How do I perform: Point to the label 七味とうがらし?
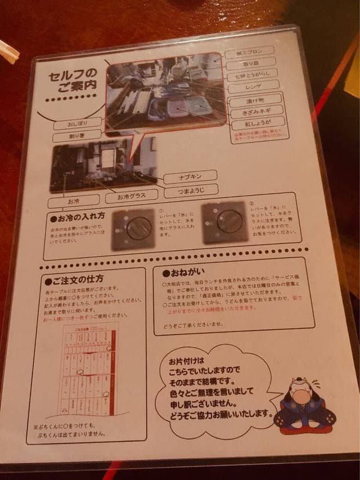pos(253,75)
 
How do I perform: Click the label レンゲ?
pos(253,88)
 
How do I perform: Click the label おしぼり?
pos(78,123)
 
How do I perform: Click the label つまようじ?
pos(191,192)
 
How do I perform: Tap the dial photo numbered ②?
pos(225,222)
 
